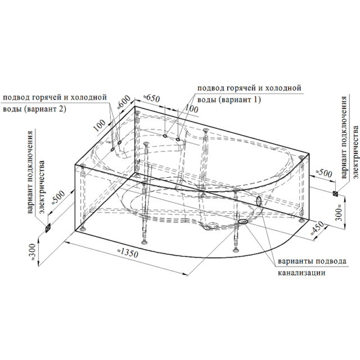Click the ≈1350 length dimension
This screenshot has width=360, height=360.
(128, 253)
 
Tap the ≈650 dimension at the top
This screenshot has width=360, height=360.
(151, 98)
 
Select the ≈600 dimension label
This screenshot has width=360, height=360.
(124, 102)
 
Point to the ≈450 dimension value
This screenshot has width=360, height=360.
(317, 228)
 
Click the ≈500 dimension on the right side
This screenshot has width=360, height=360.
(324, 173)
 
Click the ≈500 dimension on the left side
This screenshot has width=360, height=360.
(58, 197)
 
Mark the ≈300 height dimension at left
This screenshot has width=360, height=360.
(33, 252)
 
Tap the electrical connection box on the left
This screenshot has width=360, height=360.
(48, 228)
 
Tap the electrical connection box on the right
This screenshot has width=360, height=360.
(335, 193)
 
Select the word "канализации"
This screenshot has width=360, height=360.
(301, 273)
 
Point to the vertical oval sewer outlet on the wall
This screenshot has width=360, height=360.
(259, 201)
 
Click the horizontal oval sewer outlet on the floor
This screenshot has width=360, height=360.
(243, 221)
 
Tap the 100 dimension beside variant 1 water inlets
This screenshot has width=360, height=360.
(191, 109)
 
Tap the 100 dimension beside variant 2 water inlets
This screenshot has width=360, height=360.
(100, 125)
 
